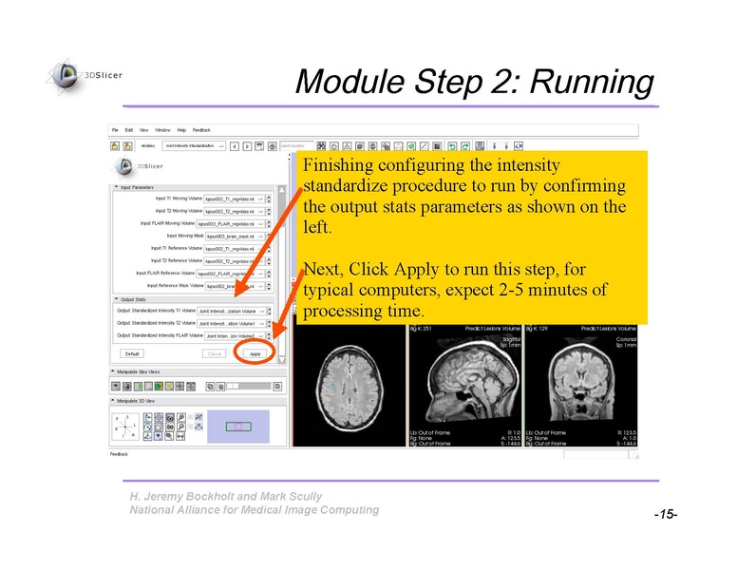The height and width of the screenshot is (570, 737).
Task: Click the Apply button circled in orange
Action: tap(255, 353)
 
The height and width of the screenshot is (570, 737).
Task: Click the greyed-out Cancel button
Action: tap(213, 353)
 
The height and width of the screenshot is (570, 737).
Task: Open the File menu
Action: tap(115, 129)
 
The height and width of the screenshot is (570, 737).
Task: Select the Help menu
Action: tap(180, 129)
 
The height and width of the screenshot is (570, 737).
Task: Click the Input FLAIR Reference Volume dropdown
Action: tap(234, 273)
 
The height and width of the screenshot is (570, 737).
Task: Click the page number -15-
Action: tap(664, 514)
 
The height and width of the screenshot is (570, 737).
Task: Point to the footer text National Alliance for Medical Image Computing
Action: tap(254, 510)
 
